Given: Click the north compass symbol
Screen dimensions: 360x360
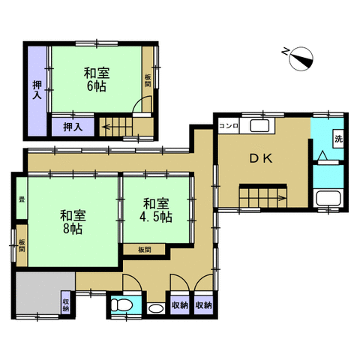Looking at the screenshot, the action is tap(301, 59).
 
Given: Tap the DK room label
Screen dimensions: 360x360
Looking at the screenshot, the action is tap(261, 158).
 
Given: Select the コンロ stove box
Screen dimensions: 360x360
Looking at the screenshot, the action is tap(229, 126).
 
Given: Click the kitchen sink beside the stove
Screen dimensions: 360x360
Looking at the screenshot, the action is tap(259, 126).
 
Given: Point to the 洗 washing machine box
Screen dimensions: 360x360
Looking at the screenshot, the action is tap(338, 139).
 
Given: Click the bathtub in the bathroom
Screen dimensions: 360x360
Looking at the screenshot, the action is tap(328, 198).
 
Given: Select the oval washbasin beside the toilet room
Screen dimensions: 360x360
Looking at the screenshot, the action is tap(156, 308).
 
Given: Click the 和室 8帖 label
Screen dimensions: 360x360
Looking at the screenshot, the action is tap(73, 222).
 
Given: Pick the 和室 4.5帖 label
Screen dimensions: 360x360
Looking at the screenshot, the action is tap(156, 210).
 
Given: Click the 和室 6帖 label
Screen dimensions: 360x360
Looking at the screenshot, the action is tap(97, 79).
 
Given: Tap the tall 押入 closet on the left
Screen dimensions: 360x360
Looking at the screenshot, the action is tap(37, 91).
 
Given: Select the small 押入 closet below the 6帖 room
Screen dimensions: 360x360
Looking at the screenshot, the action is tap(73, 127).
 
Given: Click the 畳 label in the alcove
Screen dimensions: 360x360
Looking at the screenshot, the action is tap(22, 199).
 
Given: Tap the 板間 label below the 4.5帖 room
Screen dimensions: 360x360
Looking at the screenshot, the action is tap(145, 250).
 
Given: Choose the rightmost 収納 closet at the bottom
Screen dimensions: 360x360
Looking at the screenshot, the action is tap(203, 305).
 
